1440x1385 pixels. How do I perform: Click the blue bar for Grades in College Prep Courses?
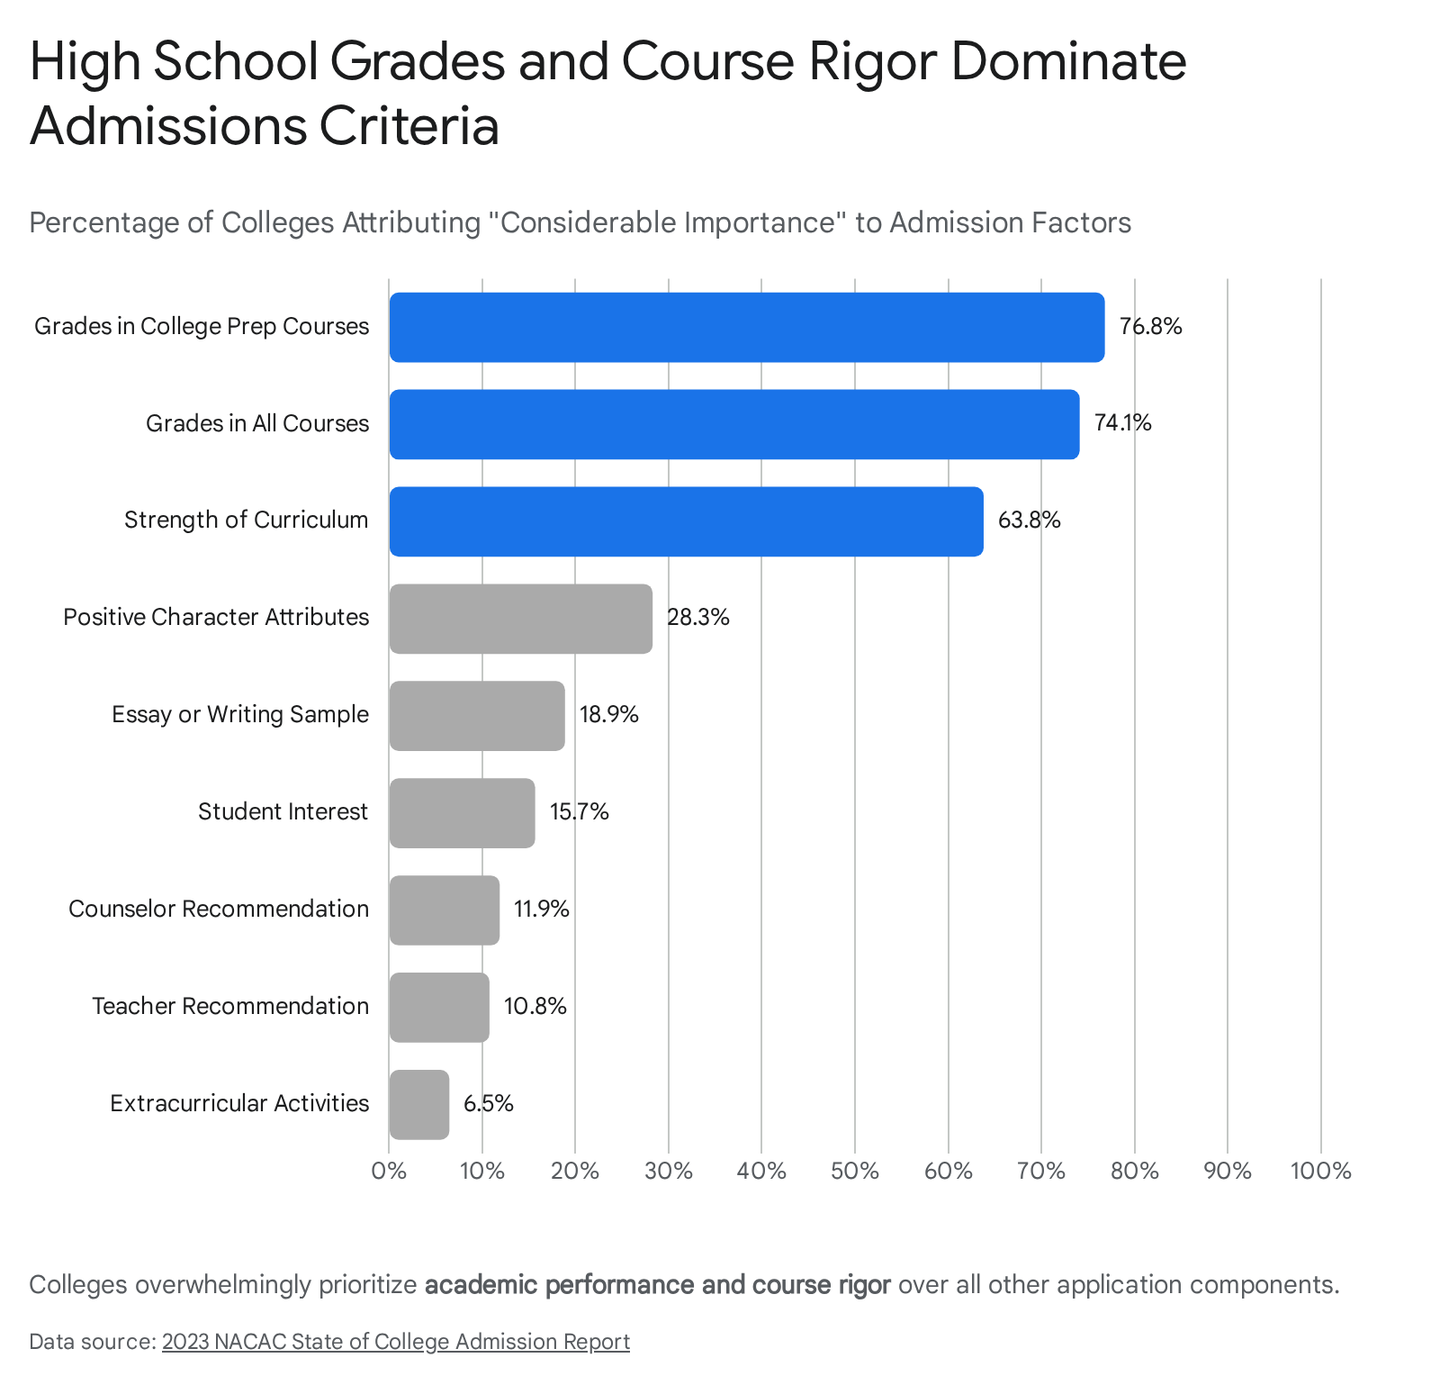[747, 327]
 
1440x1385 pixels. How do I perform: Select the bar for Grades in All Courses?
[734, 424]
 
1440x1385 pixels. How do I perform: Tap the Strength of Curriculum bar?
[687, 521]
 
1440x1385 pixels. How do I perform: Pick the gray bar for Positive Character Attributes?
[521, 619]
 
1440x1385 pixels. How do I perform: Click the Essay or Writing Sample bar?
[477, 716]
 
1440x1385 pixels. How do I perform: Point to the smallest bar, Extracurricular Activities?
[419, 1105]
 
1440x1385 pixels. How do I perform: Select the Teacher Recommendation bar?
[439, 1008]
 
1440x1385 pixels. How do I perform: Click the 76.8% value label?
[1150, 326]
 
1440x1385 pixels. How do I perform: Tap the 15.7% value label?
[580, 812]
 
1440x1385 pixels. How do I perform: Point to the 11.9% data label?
[542, 910]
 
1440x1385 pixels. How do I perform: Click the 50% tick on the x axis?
[855, 1171]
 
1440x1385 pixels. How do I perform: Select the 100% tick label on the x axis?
[1320, 1171]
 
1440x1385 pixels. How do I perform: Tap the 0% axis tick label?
[389, 1171]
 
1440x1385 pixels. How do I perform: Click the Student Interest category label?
[283, 811]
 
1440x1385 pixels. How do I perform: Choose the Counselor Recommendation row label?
[219, 909]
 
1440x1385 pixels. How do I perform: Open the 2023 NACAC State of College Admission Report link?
[396, 1342]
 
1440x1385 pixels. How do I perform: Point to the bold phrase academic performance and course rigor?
[658, 1284]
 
